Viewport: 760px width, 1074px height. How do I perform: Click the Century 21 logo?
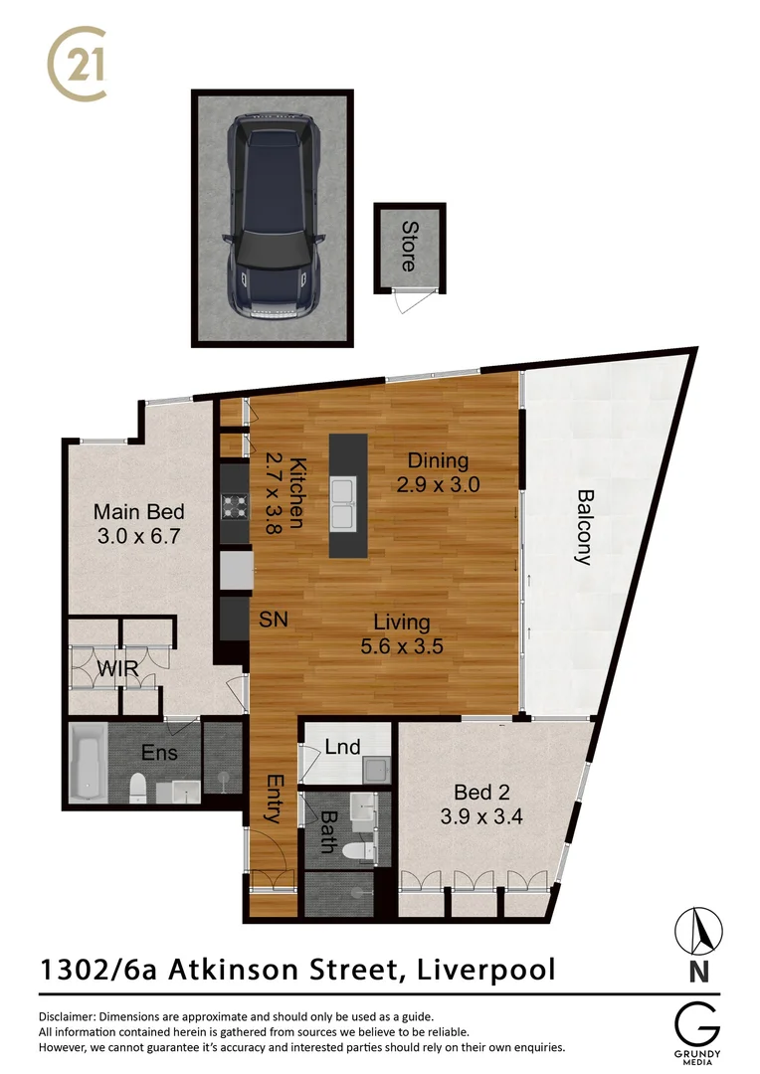(x=78, y=65)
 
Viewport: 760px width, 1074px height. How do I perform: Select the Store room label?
(x=409, y=246)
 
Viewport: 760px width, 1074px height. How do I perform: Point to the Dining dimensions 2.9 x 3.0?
(x=438, y=485)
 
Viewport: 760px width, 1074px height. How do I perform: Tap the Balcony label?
(x=584, y=526)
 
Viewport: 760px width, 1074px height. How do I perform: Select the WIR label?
(x=117, y=668)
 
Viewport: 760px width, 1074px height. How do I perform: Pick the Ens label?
(x=159, y=753)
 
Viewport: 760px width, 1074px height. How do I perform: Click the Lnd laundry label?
(x=342, y=747)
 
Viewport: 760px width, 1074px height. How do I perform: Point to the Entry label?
(x=272, y=799)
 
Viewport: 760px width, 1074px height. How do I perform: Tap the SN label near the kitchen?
(x=273, y=619)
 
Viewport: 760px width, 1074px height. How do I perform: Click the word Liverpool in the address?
(x=487, y=969)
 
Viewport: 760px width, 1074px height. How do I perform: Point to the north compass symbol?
(x=699, y=933)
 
